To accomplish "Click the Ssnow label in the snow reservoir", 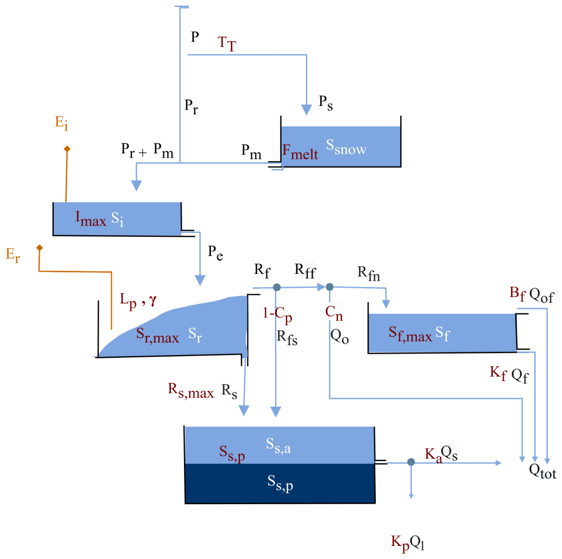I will click(x=346, y=148).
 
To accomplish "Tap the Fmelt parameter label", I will click(x=301, y=151).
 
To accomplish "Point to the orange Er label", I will click(x=13, y=256).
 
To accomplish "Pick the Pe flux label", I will click(x=215, y=252).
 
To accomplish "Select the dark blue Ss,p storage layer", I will click(x=279, y=483).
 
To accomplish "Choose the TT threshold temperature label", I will click(x=227, y=45).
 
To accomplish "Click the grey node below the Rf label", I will click(x=276, y=288).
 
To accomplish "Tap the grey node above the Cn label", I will click(x=330, y=287).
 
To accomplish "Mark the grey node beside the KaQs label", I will click(x=411, y=462).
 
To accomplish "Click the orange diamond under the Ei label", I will click(x=67, y=149).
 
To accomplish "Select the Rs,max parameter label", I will click(x=190, y=391).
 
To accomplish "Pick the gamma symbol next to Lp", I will click(x=153, y=300).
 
